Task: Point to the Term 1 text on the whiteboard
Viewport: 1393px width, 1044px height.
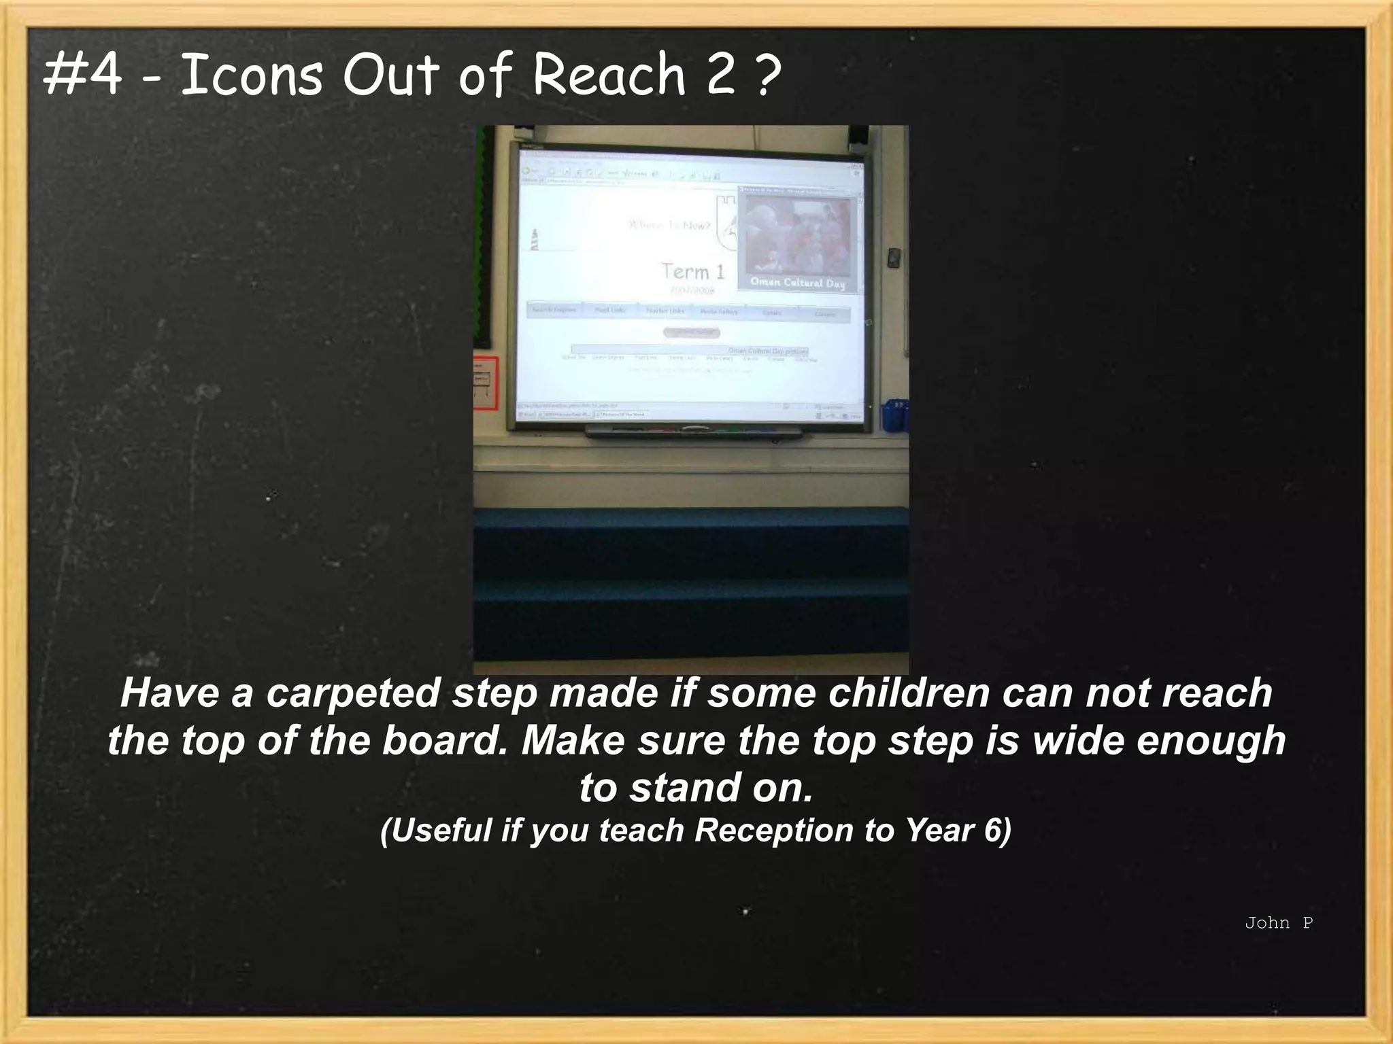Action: [693, 272]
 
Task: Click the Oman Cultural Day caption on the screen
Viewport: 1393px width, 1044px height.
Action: [797, 282]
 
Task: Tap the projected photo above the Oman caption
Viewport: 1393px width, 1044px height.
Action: [798, 235]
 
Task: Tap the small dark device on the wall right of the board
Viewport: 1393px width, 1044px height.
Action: [894, 258]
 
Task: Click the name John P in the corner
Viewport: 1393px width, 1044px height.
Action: [1278, 922]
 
